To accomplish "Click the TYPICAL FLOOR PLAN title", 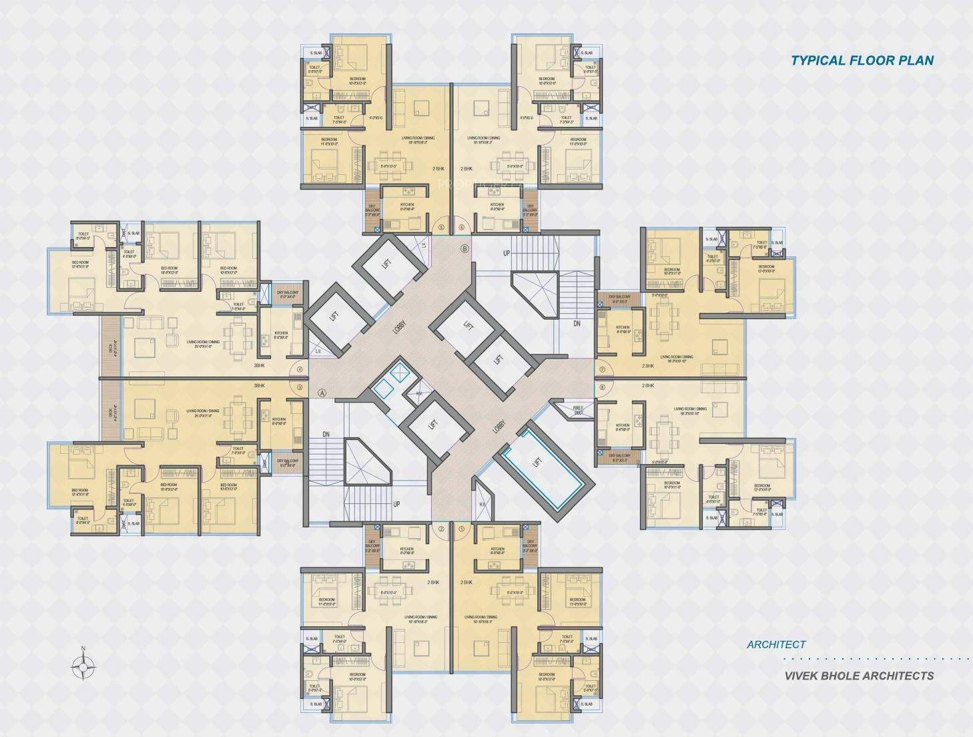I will [862, 60].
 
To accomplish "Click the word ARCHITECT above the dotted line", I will [776, 644].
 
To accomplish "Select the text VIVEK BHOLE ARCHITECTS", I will [859, 675].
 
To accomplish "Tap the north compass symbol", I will [83, 665].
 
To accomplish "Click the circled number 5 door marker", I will [440, 227].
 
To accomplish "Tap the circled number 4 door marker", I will [300, 369].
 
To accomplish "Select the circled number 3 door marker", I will [300, 387].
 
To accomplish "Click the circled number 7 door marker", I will [602, 369].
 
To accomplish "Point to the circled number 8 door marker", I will [602, 387].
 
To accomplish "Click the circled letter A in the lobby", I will [322, 393].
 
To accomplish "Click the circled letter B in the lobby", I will [465, 249].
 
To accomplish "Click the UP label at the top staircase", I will [507, 253].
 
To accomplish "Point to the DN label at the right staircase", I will [577, 323].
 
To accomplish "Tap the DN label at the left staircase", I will [326, 434].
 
